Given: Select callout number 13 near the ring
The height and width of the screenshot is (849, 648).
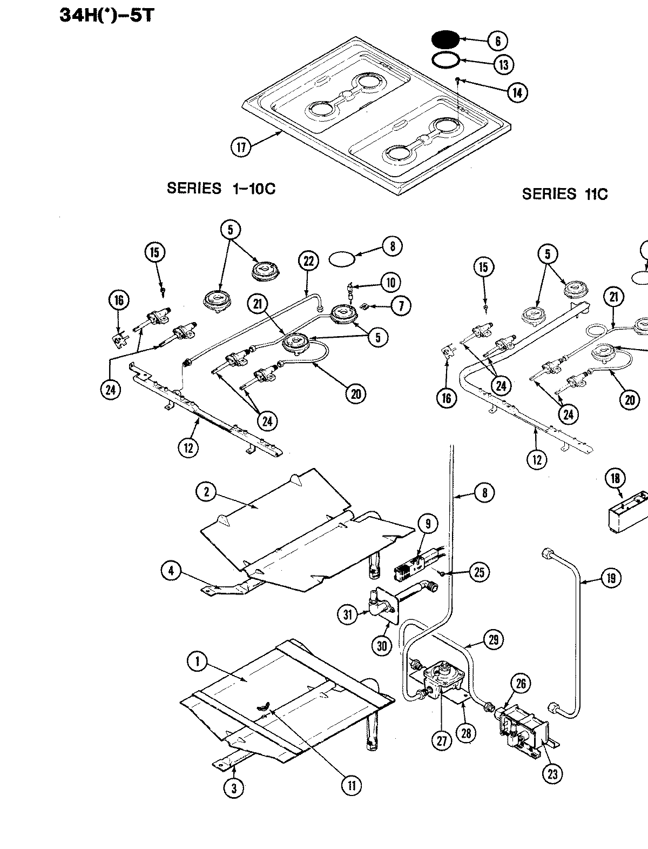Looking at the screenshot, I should (503, 65).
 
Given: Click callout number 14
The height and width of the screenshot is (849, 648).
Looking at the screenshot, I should (517, 92).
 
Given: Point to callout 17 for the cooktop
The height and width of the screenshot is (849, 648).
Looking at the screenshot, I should (241, 147).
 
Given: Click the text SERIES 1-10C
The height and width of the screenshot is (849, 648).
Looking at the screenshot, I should (221, 189).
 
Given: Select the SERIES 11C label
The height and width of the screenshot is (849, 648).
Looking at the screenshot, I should (564, 194).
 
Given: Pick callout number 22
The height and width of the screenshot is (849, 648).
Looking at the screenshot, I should (308, 261).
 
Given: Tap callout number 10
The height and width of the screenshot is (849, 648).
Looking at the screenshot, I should (390, 282).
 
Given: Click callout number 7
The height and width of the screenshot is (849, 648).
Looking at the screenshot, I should (400, 306).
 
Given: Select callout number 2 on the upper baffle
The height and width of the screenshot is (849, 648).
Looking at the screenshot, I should (206, 492).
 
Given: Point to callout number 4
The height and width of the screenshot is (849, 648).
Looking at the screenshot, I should (171, 571).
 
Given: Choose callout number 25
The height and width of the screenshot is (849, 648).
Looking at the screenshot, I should (479, 572).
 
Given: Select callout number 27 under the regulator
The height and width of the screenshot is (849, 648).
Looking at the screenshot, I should (442, 741).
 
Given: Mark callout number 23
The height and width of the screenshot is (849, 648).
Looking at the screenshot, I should (552, 774).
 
